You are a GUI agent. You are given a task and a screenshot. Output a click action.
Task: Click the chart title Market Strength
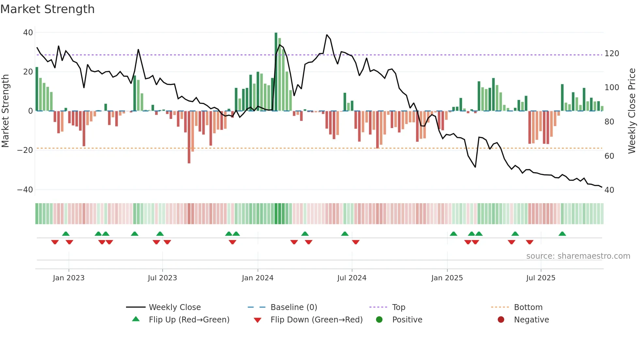coord(47,9)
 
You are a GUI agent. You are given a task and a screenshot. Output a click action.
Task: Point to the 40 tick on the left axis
coord(28,33)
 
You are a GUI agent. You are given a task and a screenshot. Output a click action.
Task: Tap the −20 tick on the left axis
coord(25,150)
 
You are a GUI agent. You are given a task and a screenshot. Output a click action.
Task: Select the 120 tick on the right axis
coord(612,54)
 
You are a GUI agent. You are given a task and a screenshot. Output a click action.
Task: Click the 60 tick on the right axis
coord(609,156)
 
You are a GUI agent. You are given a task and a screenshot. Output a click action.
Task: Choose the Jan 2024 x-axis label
coord(257,278)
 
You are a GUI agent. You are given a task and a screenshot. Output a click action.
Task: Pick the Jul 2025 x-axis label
coord(540,278)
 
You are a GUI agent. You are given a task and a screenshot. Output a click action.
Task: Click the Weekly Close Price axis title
coord(632,111)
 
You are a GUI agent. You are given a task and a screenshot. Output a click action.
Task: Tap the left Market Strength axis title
coord(6,111)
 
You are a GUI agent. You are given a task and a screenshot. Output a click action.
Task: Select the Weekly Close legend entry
coord(174,307)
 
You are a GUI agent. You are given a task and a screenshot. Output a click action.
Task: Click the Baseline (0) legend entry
coord(294,307)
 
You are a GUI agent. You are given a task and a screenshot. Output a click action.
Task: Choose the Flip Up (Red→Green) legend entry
coord(189,320)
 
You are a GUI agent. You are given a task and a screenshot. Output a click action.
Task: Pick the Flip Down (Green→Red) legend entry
coord(316,320)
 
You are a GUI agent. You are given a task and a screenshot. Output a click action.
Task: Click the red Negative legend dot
coord(501,319)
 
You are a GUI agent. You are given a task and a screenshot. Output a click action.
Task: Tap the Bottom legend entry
coord(528,307)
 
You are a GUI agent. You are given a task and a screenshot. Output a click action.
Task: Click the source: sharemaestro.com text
coord(578,256)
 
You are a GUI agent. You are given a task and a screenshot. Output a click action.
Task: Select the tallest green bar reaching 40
coord(276,72)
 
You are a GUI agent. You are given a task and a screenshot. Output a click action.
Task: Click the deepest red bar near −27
coord(189,137)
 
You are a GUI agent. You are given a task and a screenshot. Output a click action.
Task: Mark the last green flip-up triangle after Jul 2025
coord(562,234)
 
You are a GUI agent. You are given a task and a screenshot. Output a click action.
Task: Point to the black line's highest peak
coord(327,35)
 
